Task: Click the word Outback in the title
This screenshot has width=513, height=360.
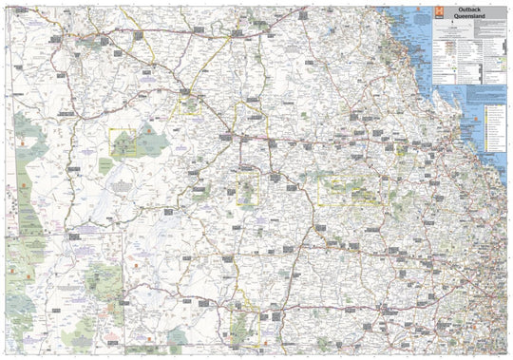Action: [x=456, y=10]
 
